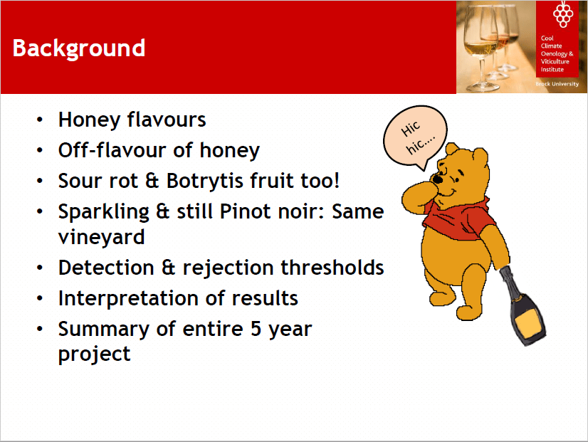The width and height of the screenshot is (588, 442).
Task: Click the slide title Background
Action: pos(79,48)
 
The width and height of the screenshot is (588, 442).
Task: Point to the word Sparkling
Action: pos(104,212)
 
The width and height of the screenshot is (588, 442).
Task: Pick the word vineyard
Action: pos(101,238)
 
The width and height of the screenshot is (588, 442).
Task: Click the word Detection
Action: pos(106,268)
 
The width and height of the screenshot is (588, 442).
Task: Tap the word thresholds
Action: pos(332,268)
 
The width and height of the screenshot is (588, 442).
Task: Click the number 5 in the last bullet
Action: pos(256,329)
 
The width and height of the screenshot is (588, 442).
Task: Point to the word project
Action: pos(95,354)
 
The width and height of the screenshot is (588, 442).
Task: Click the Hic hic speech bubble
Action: pos(416,137)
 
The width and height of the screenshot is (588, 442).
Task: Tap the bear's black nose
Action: pos(437,179)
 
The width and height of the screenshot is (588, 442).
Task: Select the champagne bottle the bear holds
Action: pos(523,306)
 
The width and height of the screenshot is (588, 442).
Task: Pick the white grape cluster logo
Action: pos(563,14)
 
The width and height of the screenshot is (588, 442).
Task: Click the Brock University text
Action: pos(557,84)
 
